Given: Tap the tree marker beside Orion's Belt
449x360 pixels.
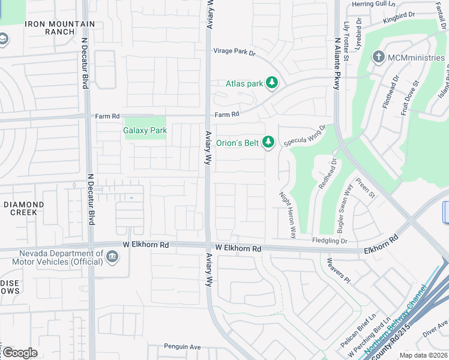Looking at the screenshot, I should click(x=269, y=142).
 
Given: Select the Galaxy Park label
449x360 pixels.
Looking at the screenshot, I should click(x=145, y=130).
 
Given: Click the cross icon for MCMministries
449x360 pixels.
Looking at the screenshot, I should click(x=378, y=58).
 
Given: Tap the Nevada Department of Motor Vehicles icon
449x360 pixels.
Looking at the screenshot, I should click(x=112, y=257).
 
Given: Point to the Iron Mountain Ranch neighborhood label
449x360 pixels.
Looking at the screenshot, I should click(x=59, y=28).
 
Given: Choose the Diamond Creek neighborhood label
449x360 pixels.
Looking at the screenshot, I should click(x=24, y=208).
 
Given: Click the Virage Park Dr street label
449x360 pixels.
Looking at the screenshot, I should click(x=235, y=52).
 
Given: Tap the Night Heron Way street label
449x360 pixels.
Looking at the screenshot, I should click(x=288, y=215).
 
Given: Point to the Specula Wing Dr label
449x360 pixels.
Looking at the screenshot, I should click(x=304, y=135).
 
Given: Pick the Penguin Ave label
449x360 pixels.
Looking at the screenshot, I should click(x=182, y=346).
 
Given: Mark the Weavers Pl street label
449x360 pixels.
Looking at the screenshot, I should click(x=339, y=269).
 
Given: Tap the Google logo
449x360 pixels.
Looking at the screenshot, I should click(x=19, y=352).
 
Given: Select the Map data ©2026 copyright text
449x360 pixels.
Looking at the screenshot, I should click(x=423, y=355).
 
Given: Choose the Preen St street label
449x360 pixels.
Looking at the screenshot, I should click(x=365, y=187).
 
